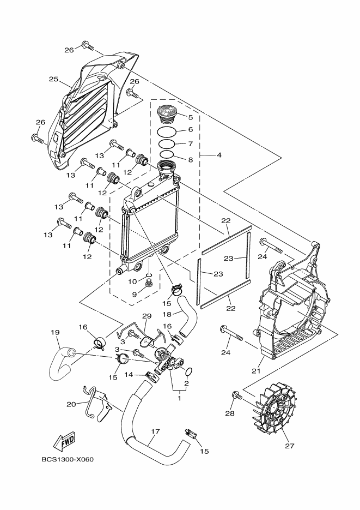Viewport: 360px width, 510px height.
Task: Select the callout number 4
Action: (x=218, y=155)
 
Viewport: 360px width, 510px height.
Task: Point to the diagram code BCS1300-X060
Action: (x=68, y=459)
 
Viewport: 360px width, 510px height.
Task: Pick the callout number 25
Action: (x=53, y=79)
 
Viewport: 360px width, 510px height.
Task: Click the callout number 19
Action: (x=55, y=332)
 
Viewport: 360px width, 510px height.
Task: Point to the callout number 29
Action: (x=146, y=316)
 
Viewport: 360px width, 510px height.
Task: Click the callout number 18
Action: (x=167, y=314)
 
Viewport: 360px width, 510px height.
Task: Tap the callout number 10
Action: (x=132, y=281)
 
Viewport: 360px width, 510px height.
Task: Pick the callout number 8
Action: (x=190, y=160)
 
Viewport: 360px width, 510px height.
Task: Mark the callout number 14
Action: (x=129, y=375)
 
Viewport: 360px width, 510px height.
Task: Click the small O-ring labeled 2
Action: (x=188, y=372)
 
